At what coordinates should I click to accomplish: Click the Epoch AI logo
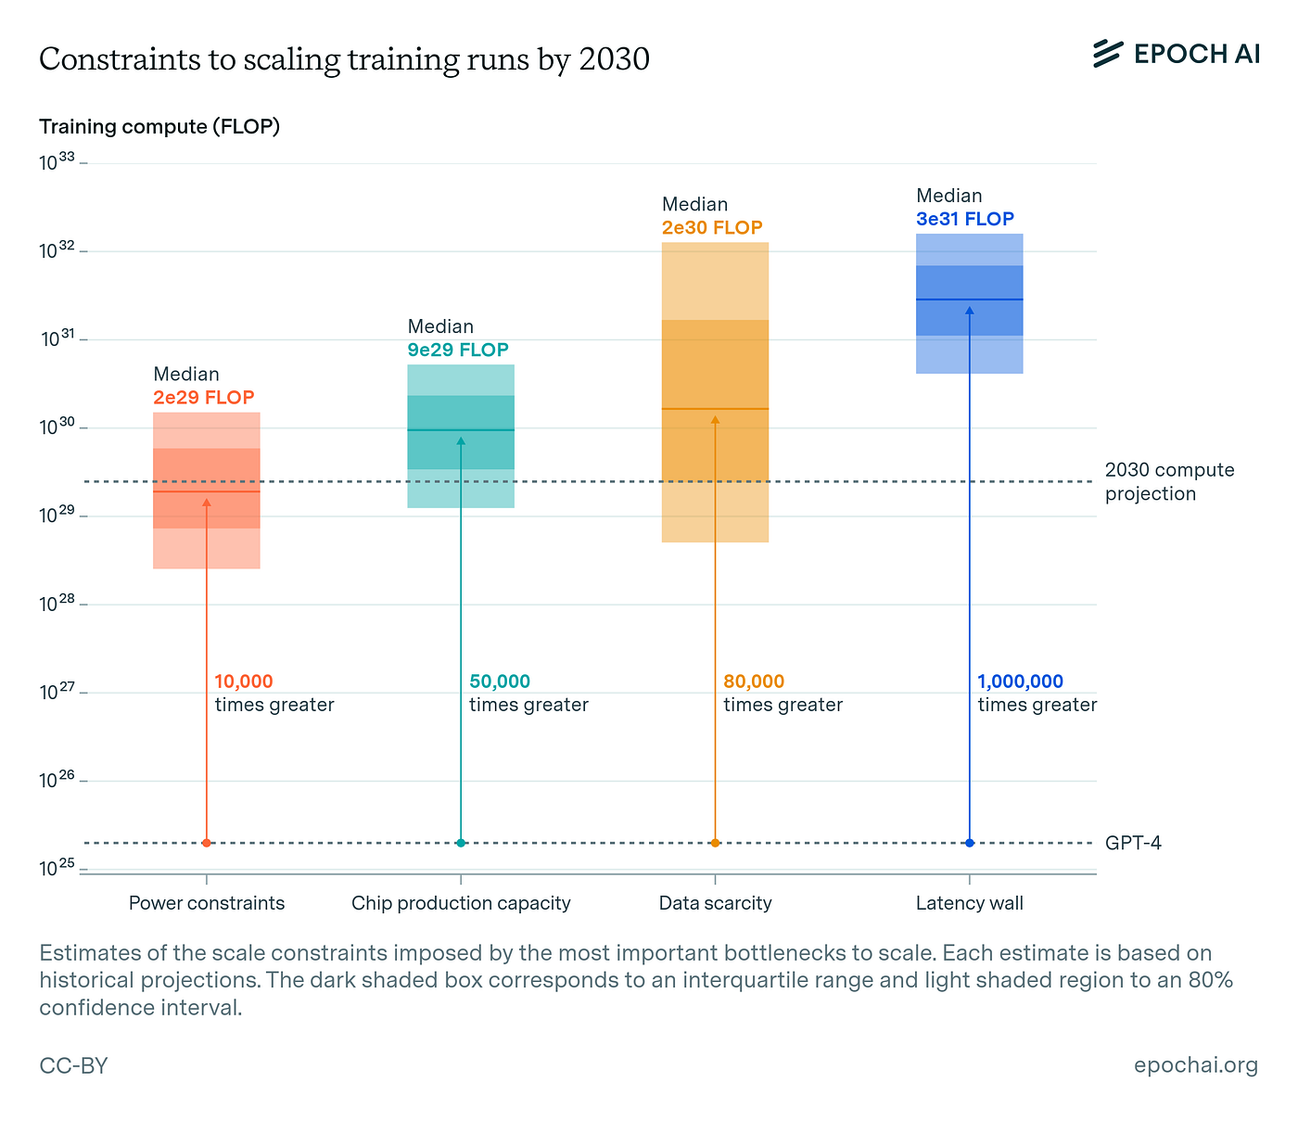(1175, 54)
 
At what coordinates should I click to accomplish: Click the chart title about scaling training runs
(344, 59)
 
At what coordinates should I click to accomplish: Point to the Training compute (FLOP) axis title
(159, 127)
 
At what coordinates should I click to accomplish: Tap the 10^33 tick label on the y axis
(57, 163)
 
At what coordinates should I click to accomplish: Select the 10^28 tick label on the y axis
(57, 605)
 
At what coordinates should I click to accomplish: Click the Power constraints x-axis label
(207, 903)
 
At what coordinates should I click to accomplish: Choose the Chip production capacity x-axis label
(461, 903)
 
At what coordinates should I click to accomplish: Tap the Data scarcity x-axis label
(715, 903)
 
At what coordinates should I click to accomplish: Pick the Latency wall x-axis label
(969, 903)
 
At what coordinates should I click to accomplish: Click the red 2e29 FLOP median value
(203, 398)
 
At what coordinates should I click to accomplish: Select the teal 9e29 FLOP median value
(458, 350)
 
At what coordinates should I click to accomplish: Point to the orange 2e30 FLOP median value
(712, 228)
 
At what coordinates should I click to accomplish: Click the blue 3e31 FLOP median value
(965, 220)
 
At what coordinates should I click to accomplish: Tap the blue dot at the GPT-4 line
(970, 843)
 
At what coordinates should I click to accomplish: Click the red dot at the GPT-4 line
(207, 843)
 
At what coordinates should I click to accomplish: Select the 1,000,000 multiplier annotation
(1020, 682)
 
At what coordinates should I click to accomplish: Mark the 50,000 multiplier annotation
(500, 682)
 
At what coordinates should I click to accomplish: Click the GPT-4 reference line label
(1133, 844)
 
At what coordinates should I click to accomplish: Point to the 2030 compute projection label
(1169, 481)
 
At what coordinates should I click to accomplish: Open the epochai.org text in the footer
(1195, 1065)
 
